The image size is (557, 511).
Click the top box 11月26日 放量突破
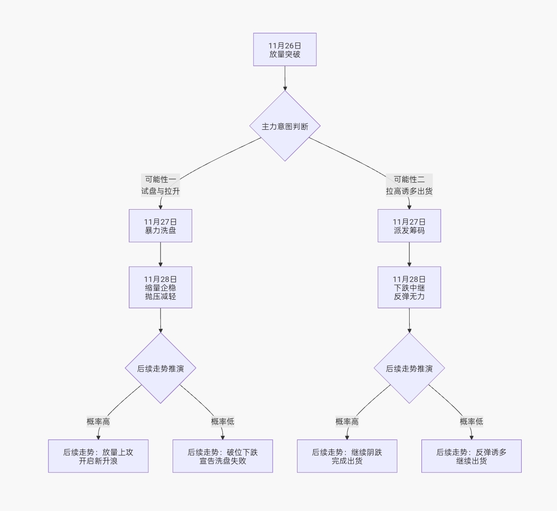click(284, 50)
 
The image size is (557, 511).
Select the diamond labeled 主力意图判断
click(285, 126)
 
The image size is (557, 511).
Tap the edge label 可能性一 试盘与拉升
click(160, 185)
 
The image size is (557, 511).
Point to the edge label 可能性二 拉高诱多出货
click(409, 185)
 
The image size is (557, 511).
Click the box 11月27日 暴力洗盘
click(160, 226)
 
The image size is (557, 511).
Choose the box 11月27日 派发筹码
click(409, 226)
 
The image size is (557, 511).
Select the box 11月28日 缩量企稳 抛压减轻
click(160, 287)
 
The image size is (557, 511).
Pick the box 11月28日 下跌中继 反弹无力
click(409, 287)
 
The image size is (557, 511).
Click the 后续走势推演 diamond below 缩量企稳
click(160, 368)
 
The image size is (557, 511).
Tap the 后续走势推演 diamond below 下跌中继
click(409, 368)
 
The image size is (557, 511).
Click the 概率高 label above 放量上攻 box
click(98, 422)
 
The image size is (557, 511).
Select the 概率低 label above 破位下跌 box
click(222, 422)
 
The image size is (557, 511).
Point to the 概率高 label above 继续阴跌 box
click(347, 422)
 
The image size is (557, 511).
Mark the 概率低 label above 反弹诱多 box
click(471, 422)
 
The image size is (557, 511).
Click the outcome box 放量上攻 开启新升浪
click(98, 456)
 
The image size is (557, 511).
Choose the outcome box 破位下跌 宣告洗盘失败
click(222, 456)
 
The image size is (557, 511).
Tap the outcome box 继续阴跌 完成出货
click(347, 456)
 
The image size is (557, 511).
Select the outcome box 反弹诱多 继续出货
click(471, 456)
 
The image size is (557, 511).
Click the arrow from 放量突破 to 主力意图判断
click(285, 78)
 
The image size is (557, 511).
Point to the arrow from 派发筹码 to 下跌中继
click(409, 254)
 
